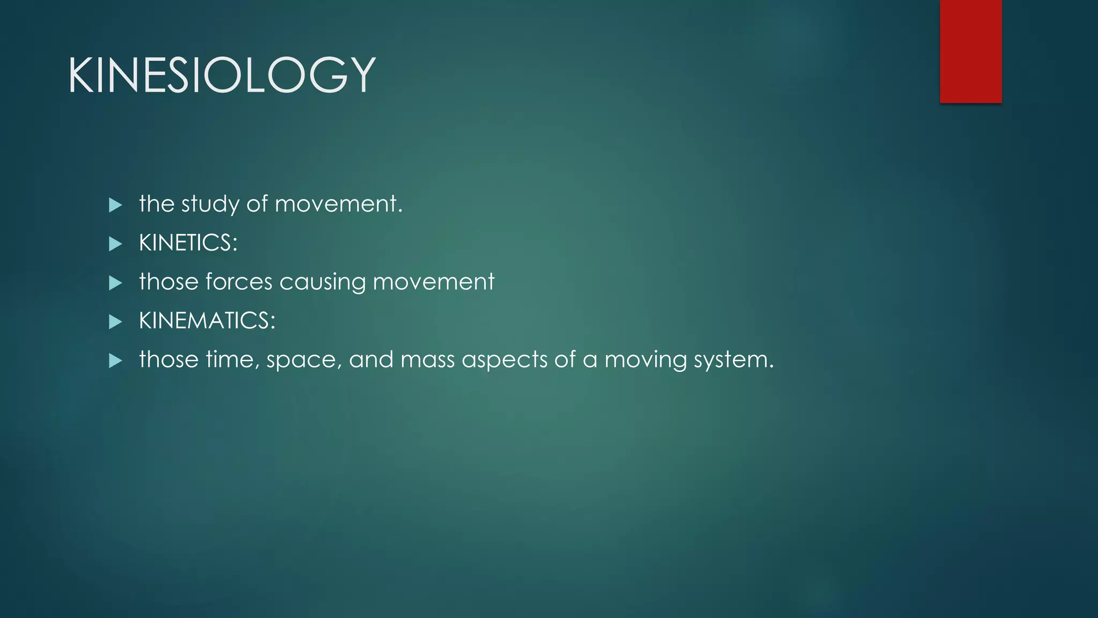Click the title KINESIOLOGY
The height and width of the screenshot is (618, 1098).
pyautogui.click(x=221, y=75)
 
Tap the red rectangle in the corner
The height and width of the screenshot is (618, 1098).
pyautogui.click(x=970, y=51)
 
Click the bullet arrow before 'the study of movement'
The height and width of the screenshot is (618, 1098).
pyautogui.click(x=115, y=205)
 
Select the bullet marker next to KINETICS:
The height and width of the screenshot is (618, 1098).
pyautogui.click(x=115, y=244)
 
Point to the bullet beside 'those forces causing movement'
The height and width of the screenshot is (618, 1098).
pyautogui.click(x=115, y=283)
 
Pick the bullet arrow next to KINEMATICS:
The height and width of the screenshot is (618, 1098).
pyautogui.click(x=115, y=322)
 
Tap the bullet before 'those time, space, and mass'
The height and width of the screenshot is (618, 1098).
pyautogui.click(x=115, y=360)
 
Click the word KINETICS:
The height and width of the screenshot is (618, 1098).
pyautogui.click(x=188, y=243)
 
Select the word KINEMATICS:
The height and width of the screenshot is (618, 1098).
pyautogui.click(x=207, y=321)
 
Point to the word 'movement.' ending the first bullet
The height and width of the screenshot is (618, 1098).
pyautogui.click(x=338, y=204)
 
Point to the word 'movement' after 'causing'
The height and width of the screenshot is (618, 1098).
pyautogui.click(x=433, y=282)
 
